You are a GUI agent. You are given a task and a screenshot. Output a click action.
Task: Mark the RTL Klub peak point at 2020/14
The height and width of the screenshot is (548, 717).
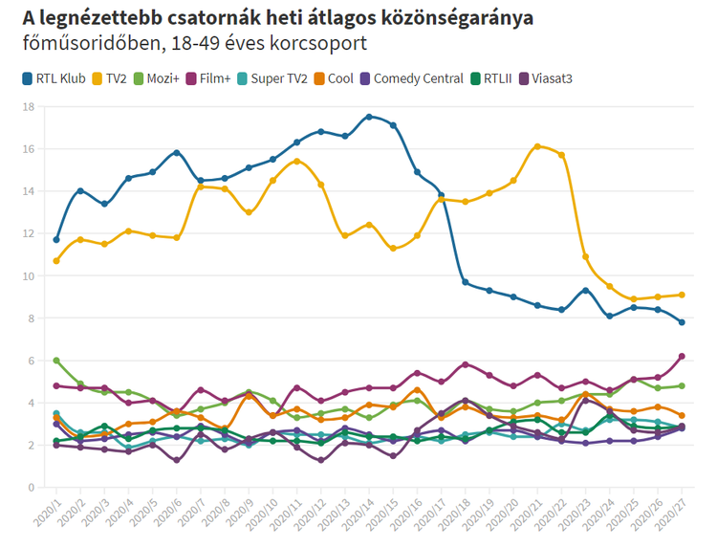369,117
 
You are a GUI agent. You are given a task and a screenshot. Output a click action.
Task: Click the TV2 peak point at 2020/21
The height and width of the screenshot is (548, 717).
537,146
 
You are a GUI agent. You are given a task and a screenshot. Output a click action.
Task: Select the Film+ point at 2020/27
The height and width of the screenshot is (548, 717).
682,356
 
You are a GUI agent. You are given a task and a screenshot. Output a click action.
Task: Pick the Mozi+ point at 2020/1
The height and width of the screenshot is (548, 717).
56,361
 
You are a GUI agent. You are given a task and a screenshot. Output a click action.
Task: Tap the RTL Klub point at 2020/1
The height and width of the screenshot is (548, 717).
56,239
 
